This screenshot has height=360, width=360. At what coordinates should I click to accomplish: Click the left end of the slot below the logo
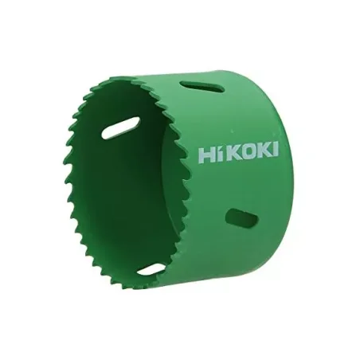tap(230, 215)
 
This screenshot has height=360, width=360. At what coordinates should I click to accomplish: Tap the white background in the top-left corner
tap(16, 16)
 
